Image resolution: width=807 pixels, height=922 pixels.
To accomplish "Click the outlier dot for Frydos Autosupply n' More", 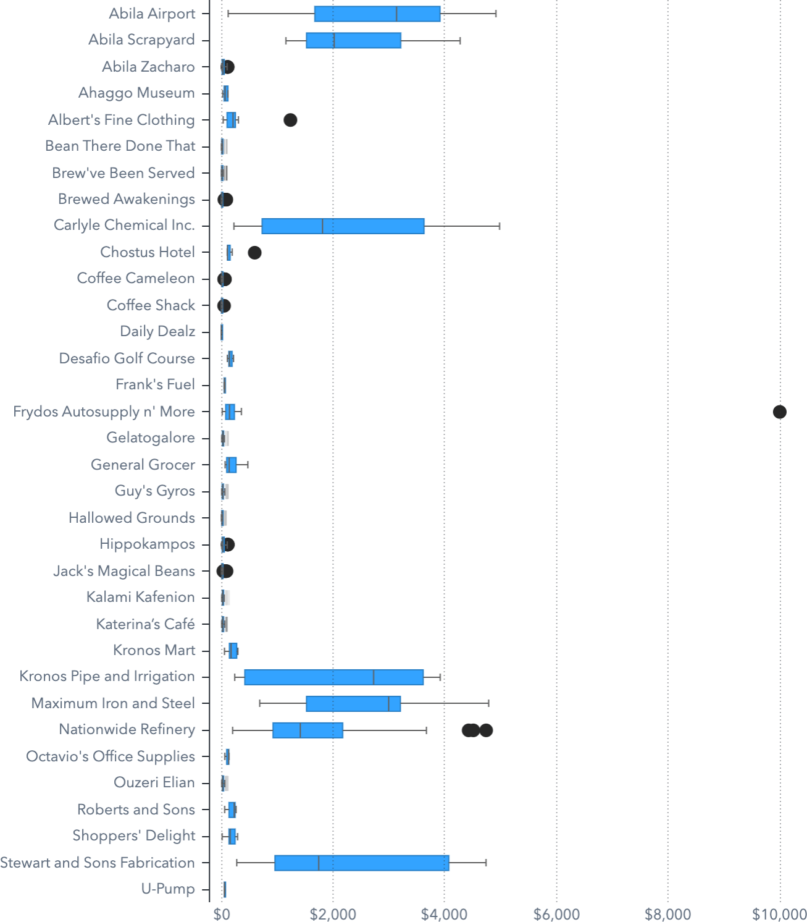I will point(779,412).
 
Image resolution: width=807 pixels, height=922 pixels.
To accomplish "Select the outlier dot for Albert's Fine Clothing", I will point(290,120).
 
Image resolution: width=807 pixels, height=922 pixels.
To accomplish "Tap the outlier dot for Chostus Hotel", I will point(254,252).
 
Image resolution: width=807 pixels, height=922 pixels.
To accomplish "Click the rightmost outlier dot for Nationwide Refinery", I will point(486,730).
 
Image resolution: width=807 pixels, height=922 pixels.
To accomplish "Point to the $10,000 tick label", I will point(779,914).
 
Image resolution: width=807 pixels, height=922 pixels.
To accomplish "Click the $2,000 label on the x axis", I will point(333,914).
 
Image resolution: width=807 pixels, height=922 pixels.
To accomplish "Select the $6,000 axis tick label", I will point(556,914).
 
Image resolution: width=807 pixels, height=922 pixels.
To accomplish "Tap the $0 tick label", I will point(222,914).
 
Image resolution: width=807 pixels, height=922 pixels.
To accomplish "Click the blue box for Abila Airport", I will point(377,14).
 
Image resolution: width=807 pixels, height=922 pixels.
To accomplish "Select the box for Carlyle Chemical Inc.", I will point(343,226).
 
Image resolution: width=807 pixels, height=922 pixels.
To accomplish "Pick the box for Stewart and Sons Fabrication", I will point(361,863).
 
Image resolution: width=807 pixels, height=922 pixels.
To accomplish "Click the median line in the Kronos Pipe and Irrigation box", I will point(374,677).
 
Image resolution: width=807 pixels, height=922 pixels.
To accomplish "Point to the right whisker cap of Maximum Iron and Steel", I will point(488,703).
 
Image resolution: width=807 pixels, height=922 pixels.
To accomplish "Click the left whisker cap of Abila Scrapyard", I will point(286,41).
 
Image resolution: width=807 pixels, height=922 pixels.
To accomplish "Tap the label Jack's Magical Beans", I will point(124,571).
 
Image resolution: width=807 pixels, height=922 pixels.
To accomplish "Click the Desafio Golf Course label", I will point(127,358).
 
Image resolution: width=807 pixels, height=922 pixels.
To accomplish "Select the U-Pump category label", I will point(168,889).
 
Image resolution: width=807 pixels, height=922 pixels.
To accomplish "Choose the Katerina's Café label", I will point(145,624).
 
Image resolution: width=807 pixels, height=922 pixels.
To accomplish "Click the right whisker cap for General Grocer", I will point(248,465).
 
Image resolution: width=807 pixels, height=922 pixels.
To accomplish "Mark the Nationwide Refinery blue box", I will point(307,730).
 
